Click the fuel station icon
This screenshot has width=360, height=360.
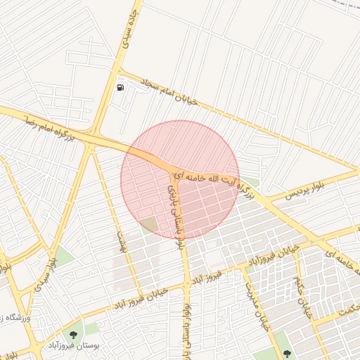pos(121,87)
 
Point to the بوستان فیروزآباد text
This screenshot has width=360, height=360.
pos(75,345)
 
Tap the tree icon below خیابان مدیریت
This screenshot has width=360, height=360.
pos(285,352)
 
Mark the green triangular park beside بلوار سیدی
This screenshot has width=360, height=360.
pos(64,257)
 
